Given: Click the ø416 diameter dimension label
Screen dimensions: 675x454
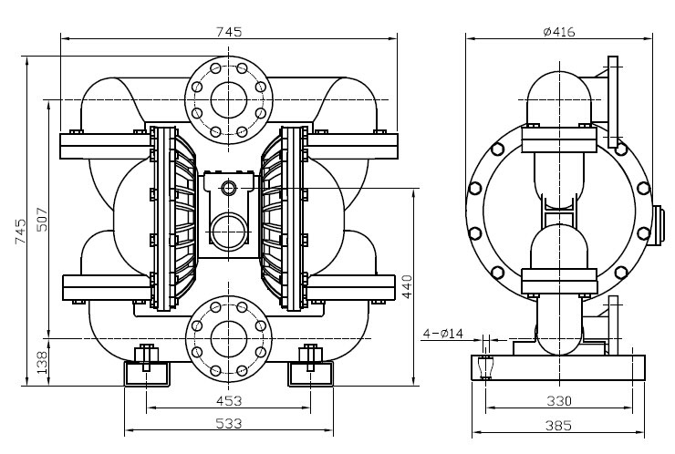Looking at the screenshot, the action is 559,31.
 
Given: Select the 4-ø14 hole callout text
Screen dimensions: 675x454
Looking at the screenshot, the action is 442,333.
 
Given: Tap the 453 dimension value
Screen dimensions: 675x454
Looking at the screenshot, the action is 229,400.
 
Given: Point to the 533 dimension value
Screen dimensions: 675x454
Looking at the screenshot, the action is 229,423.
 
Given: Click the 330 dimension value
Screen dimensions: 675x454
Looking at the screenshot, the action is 559,401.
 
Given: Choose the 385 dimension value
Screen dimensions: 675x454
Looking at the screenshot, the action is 559,426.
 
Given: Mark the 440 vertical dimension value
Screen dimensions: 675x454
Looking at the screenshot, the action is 407,286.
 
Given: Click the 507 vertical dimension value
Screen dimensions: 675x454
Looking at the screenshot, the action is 42,220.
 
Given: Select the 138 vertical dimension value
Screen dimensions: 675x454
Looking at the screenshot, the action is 42,362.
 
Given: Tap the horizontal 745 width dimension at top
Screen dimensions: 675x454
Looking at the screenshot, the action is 229,31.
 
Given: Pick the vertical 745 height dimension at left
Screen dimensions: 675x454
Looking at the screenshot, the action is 20,232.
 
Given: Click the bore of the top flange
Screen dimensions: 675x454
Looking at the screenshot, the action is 229,100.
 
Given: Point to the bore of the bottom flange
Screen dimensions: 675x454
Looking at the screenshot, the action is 229,338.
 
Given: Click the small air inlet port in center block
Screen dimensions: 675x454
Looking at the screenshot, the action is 229,188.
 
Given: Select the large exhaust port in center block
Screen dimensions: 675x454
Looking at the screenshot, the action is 229,231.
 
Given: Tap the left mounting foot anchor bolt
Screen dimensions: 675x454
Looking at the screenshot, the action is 146,356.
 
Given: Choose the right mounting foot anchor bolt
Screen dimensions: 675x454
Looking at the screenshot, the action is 310,356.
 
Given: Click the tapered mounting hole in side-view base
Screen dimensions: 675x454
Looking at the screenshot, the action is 485,367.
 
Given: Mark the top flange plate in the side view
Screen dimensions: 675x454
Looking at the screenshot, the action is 613,102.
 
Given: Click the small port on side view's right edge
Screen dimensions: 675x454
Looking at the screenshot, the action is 656,225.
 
